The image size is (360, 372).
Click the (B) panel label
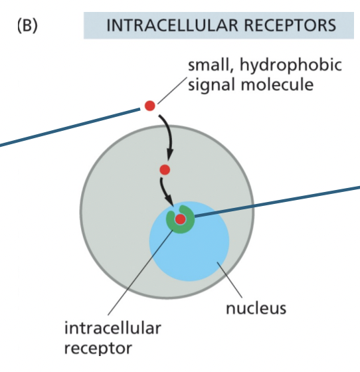pos(26,26)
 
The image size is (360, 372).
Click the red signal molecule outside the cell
pos(150,105)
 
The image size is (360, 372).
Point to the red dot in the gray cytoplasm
pos(165,170)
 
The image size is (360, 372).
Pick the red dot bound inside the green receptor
pos(179,219)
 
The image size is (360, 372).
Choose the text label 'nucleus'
pos(256,308)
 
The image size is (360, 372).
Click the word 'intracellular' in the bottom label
pos(112,328)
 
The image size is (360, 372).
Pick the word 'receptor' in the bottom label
pos(98,347)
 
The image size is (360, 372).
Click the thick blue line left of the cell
pos(66,126)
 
